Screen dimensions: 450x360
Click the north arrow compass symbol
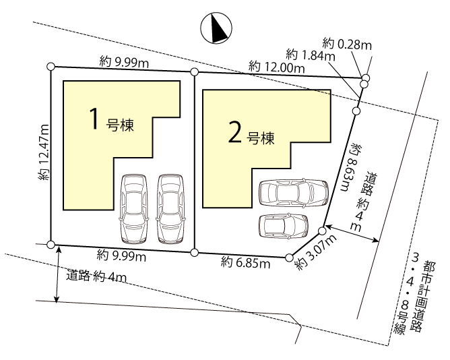[216, 28]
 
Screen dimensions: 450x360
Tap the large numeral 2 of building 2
[235, 132]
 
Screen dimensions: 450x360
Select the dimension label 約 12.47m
[44, 152]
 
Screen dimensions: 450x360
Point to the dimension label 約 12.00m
[276, 67]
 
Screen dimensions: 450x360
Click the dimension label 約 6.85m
[246, 263]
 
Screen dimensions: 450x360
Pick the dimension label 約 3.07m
[316, 252]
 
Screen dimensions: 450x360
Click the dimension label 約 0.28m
[347, 44]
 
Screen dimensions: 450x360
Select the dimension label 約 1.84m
[311, 55]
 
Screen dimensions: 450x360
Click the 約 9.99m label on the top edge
[124, 62]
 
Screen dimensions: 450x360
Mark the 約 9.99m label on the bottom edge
[121, 256]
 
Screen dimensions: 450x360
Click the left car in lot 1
[133, 209]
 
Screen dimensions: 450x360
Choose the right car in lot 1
[170, 209]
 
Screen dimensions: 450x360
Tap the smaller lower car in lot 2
[284, 226]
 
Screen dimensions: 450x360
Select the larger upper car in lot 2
[294, 193]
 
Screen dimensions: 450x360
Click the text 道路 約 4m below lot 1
[96, 276]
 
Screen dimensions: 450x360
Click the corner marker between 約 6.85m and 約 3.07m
[289, 258]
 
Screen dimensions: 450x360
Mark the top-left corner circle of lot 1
[51, 66]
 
